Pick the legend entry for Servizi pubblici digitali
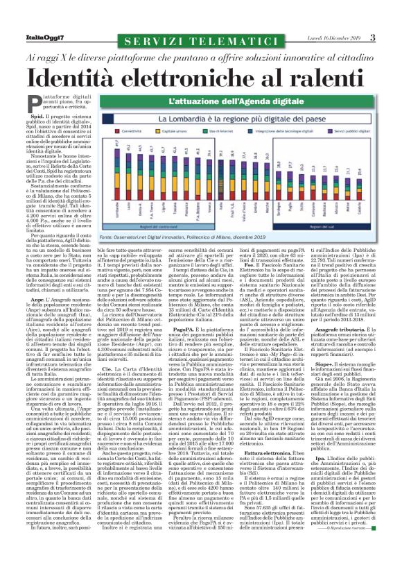point(349,130)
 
